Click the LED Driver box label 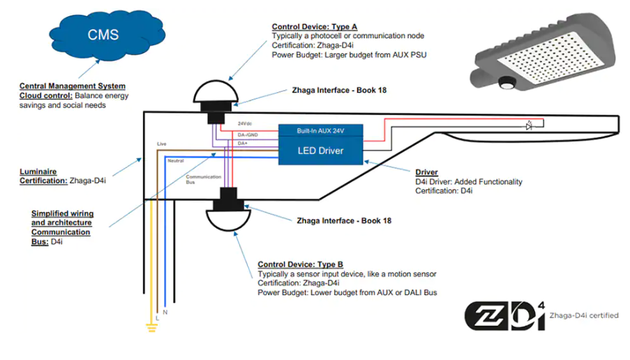coord(321,151)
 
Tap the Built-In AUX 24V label coord(321,131)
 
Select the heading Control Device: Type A coord(315,27)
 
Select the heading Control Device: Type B coord(301,265)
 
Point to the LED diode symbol coord(530,126)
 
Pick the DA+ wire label coord(243,143)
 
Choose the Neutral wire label coord(176,160)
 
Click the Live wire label coord(161,144)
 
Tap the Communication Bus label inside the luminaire coord(203,179)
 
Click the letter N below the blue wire coord(165,312)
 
